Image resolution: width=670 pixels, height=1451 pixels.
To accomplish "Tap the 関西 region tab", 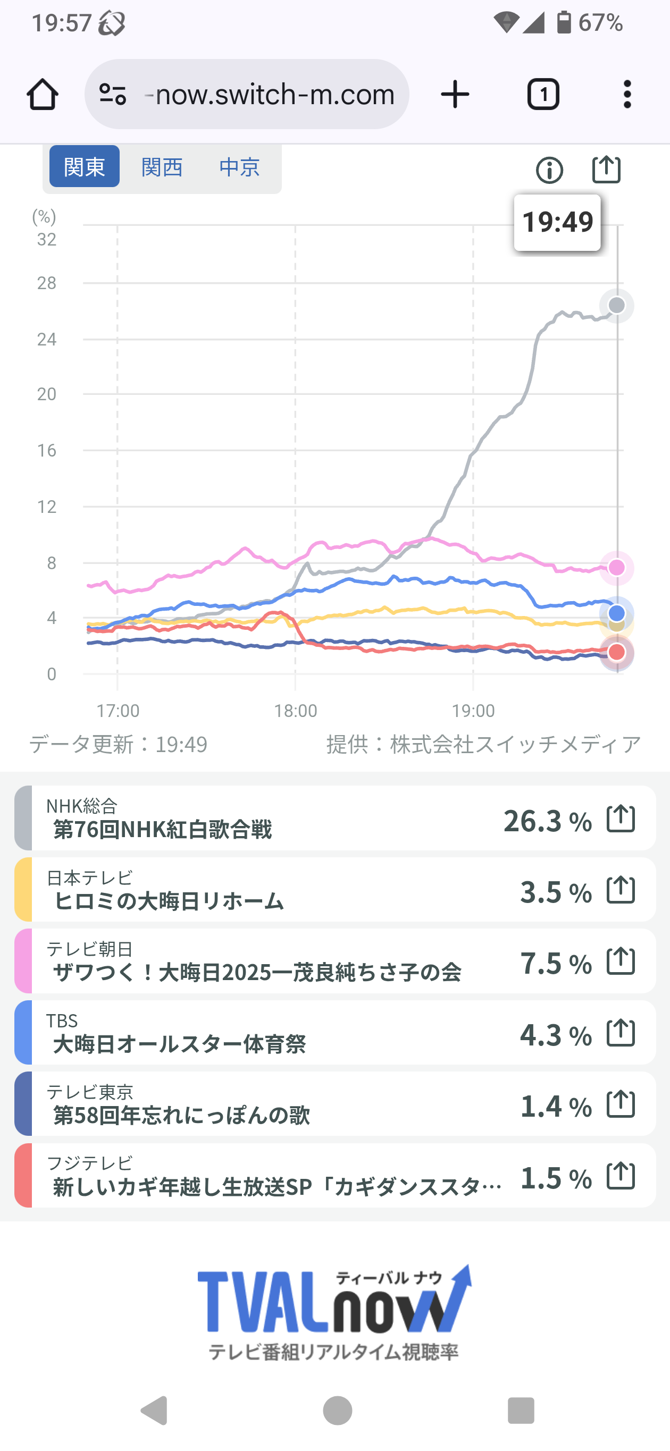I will pyautogui.click(x=162, y=167).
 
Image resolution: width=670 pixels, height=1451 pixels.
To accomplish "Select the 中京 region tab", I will pyautogui.click(x=239, y=167).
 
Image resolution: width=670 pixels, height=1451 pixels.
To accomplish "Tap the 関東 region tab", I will pyautogui.click(x=85, y=167).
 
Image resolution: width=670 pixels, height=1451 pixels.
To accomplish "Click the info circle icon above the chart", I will pyautogui.click(x=549, y=170).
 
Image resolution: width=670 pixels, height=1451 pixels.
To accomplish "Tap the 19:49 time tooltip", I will pyautogui.click(x=557, y=222).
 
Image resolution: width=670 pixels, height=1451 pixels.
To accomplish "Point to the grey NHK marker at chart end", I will pyautogui.click(x=617, y=305).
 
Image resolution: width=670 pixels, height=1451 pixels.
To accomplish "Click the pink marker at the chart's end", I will pyautogui.click(x=617, y=567).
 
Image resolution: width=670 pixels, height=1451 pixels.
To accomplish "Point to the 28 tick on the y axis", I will pyautogui.click(x=47, y=283).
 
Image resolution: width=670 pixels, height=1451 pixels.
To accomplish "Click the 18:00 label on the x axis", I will pyautogui.click(x=295, y=711).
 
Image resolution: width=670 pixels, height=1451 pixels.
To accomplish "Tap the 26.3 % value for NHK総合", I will pyautogui.click(x=547, y=820).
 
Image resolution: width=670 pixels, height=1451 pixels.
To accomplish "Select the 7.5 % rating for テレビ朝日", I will pyautogui.click(x=556, y=963).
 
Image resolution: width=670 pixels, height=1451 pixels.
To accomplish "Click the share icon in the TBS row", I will pyautogui.click(x=621, y=1033).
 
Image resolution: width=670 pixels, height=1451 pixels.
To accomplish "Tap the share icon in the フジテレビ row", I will pyautogui.click(x=621, y=1176).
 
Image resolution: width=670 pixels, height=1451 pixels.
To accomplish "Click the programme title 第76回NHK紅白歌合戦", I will pyautogui.click(x=162, y=829).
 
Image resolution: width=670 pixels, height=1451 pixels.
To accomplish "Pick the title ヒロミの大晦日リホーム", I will pyautogui.click(x=169, y=901).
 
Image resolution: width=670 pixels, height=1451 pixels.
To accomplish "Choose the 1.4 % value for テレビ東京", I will pyautogui.click(x=556, y=1106).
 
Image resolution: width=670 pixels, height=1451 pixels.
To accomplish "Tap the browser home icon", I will pyautogui.click(x=42, y=94).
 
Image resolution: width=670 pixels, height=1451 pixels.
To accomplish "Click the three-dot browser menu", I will pyautogui.click(x=627, y=94).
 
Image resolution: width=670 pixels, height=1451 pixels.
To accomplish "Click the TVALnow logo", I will pyautogui.click(x=334, y=1312).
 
